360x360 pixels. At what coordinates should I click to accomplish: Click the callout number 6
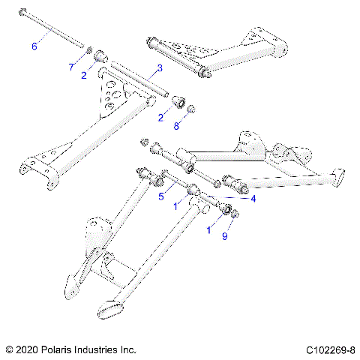click(34, 46)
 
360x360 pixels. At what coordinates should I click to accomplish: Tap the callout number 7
click(71, 67)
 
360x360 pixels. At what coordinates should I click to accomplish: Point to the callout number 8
click(176, 127)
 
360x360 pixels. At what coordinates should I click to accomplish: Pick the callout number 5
click(160, 196)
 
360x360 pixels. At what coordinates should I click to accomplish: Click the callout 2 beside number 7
click(84, 75)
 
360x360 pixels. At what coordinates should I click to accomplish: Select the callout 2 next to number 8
click(160, 117)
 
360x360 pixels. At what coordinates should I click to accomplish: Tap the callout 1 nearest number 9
click(208, 230)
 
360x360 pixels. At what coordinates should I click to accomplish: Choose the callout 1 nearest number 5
click(175, 205)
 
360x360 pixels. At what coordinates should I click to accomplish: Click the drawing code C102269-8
click(330, 349)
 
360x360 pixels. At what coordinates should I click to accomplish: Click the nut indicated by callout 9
click(235, 216)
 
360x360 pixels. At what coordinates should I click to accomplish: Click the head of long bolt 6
click(26, 10)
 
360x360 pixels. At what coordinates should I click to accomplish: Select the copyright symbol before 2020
click(9, 349)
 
